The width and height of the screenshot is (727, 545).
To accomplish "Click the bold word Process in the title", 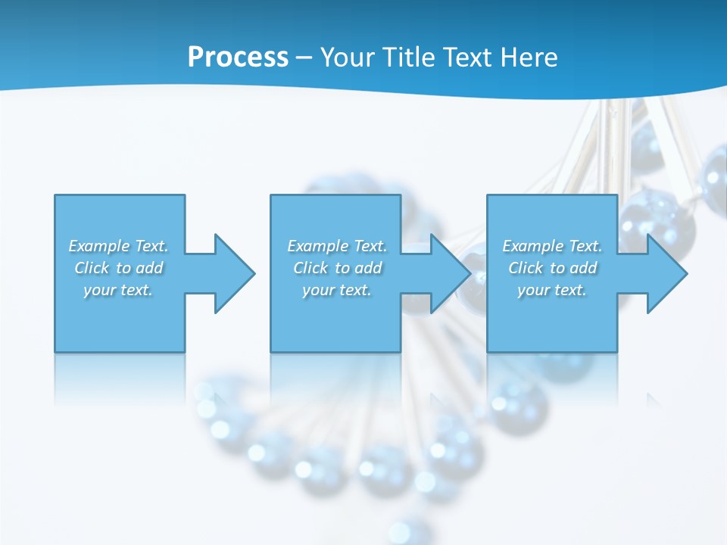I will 238,58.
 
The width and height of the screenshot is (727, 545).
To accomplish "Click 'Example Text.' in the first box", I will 118,246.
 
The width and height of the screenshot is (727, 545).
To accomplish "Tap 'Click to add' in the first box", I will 118,268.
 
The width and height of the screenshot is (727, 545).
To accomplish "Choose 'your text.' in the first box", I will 118,290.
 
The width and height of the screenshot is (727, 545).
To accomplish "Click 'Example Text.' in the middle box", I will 337,246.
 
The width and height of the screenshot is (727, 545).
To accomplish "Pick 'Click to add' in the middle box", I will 337,268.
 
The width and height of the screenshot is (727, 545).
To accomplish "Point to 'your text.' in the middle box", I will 337,290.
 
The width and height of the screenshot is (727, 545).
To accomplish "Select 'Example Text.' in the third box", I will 552,246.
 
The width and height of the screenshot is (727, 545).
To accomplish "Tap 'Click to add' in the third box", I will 552,268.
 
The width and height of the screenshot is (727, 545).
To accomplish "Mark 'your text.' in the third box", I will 552,290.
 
